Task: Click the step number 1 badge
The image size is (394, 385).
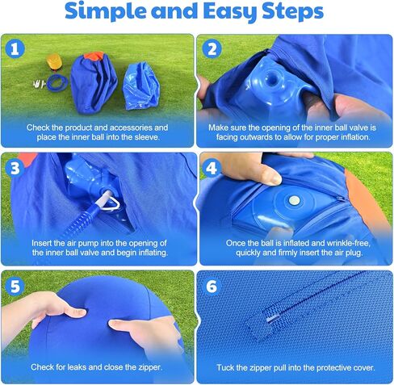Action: pyautogui.click(x=14, y=48)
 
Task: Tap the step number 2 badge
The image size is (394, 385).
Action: pyautogui.click(x=213, y=48)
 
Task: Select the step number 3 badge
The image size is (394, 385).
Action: pyautogui.click(x=14, y=167)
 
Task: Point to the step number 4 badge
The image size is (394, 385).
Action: pyautogui.click(x=213, y=167)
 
